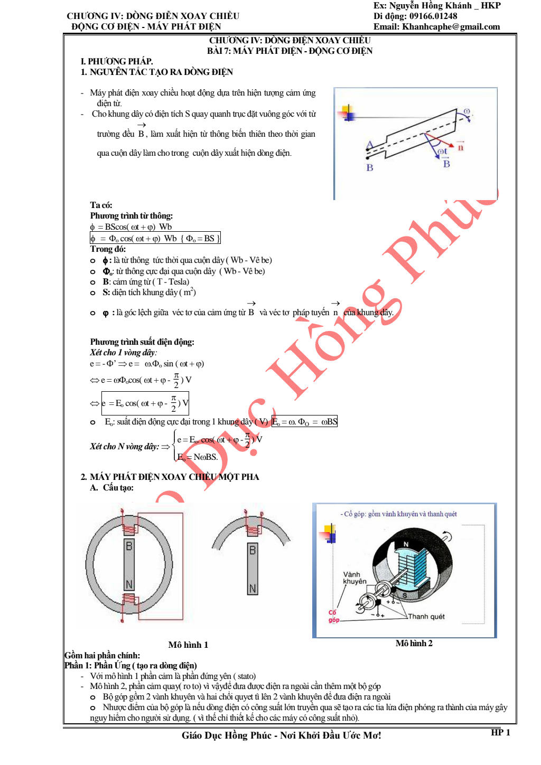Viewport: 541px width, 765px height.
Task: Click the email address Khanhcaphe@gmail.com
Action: point(451,27)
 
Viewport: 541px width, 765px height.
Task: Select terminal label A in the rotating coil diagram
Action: point(369,145)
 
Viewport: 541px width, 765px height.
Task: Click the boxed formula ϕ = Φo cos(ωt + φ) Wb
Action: point(155,239)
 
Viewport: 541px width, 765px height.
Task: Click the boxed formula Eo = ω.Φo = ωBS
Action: point(304,421)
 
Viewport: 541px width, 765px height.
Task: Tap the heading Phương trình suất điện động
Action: point(142,342)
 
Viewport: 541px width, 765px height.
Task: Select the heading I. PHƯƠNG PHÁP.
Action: point(117,61)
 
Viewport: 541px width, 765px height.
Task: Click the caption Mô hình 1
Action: point(188,645)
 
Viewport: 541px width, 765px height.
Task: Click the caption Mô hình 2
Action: point(414,643)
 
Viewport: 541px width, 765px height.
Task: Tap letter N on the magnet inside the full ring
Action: point(129,584)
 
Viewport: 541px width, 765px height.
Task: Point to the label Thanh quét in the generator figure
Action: point(426,617)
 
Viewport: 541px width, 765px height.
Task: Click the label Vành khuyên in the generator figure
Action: point(355,578)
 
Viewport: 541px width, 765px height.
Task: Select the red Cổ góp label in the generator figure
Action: point(333,616)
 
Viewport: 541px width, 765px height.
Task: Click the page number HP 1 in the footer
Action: point(500,732)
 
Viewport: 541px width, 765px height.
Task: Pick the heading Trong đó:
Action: point(108,249)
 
